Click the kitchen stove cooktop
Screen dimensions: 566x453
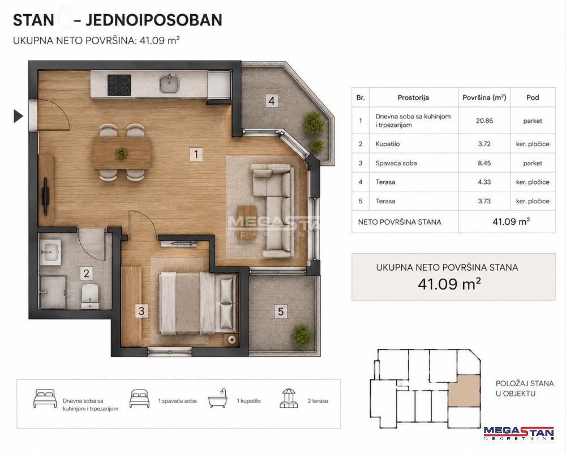(119, 85)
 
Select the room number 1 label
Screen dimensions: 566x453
(196, 154)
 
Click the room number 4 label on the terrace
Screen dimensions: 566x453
(272, 100)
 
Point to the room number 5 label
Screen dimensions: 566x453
(281, 311)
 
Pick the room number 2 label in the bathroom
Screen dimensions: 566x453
(86, 273)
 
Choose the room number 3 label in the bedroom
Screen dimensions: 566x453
(141, 311)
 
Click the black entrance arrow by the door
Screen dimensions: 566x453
(19, 116)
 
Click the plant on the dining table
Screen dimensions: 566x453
(121, 153)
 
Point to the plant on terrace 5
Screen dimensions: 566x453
(302, 335)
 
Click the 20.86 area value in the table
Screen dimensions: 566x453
(484, 121)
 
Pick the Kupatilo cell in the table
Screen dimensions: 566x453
(388, 144)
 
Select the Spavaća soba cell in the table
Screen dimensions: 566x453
(396, 163)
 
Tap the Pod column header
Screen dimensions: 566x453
(533, 97)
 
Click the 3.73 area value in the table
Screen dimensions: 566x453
(484, 201)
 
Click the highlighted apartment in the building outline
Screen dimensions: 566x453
(464, 391)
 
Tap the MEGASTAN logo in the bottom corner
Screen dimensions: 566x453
(518, 433)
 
